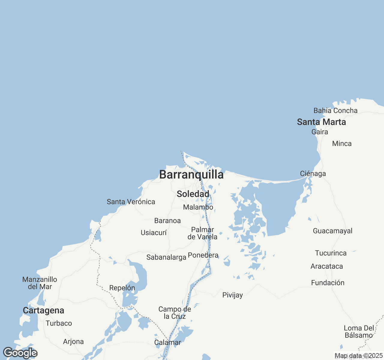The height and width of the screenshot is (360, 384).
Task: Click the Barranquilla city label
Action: click(191, 175)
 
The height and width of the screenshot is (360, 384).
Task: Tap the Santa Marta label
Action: click(321, 122)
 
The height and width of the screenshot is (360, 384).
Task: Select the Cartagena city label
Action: click(43, 310)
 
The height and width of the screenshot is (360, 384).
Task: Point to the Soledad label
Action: click(193, 194)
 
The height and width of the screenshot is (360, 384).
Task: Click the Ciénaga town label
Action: click(313, 174)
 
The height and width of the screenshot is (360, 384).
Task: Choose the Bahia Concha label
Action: click(335, 111)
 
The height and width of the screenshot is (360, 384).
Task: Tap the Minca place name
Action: click(342, 144)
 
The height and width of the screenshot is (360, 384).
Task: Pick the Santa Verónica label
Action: click(131, 202)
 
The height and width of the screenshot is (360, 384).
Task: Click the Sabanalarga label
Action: click(166, 257)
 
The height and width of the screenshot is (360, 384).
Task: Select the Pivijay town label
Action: click(232, 295)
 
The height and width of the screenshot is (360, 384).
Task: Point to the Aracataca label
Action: click(327, 266)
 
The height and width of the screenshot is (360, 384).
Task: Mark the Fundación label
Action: click(328, 283)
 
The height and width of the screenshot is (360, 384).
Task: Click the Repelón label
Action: click(122, 288)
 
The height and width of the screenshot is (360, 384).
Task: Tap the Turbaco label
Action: click(59, 323)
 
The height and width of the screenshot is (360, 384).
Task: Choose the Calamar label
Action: click(167, 343)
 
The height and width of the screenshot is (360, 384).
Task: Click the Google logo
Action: click(20, 353)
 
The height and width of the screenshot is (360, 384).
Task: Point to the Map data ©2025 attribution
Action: click(358, 356)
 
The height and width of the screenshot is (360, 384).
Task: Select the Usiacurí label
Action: click(154, 233)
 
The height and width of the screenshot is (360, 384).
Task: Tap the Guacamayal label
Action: click(332, 231)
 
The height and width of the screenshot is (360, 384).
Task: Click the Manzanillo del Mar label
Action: click(40, 283)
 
